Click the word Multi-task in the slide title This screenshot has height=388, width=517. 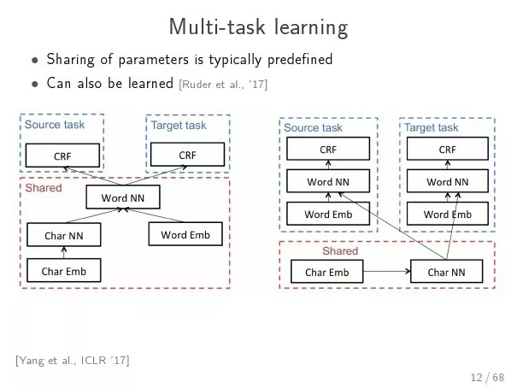[x=217, y=26]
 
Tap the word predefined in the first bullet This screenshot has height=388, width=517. [x=300, y=60]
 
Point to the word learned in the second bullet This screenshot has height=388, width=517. [x=150, y=83]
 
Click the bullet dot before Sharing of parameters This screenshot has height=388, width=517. [x=35, y=61]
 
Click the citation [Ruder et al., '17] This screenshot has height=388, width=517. [x=223, y=85]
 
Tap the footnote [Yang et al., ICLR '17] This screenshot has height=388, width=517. [x=72, y=361]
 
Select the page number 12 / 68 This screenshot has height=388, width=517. [x=487, y=377]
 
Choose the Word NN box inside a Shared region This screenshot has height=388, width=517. [x=123, y=197]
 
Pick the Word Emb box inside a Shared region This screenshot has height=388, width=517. [x=185, y=234]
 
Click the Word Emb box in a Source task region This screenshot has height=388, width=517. [x=328, y=214]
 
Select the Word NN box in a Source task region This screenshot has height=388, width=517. [x=328, y=181]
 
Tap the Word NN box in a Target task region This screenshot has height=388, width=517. [x=448, y=181]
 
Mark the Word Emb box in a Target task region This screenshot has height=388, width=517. [x=448, y=214]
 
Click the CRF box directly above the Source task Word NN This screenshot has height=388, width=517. [x=328, y=149]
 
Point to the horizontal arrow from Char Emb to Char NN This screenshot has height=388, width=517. [x=387, y=271]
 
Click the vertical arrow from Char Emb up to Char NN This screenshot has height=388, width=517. [x=64, y=252]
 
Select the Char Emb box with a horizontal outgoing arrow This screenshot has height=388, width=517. [x=326, y=272]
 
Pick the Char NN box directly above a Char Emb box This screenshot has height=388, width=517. [x=64, y=235]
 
